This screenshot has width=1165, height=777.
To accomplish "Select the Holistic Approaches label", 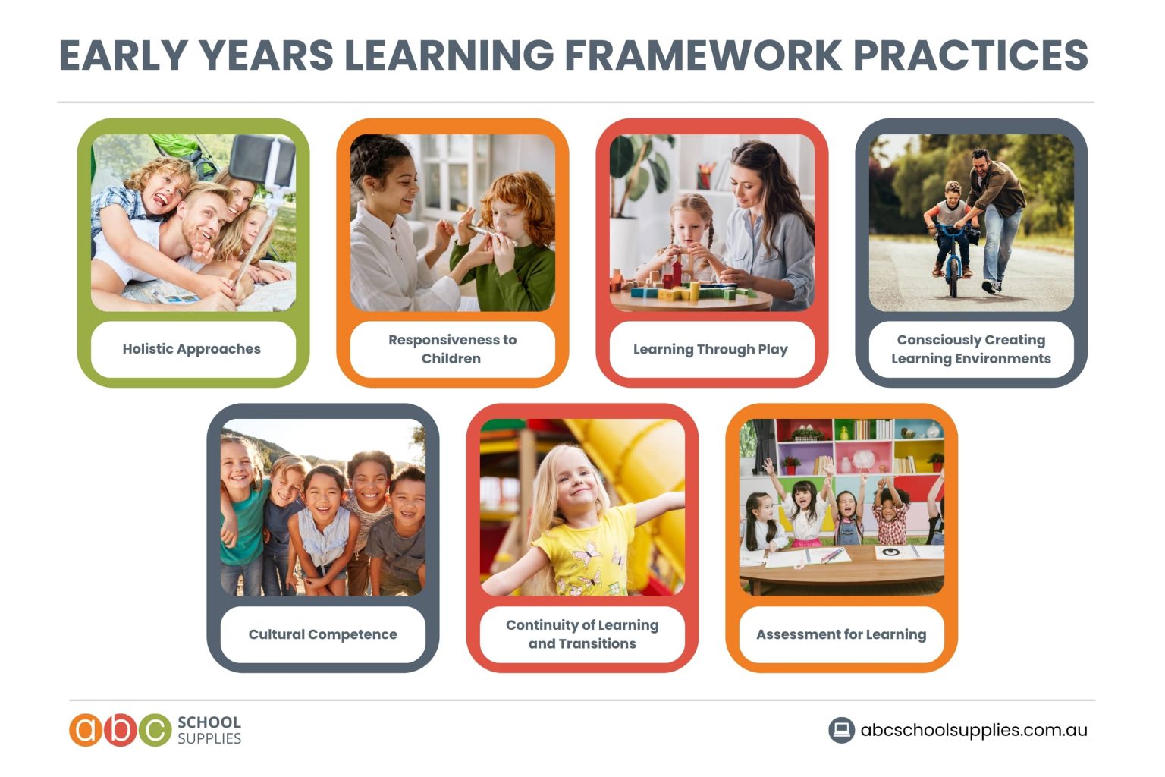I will (x=192, y=349).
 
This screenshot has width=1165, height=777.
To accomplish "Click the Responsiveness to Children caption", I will (x=452, y=349).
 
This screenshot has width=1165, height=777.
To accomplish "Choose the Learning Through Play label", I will (x=711, y=349).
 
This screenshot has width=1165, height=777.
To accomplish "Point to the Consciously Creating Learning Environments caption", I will (x=971, y=349).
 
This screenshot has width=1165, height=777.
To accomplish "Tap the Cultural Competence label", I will (x=322, y=634).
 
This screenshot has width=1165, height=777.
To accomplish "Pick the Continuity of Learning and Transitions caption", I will (x=582, y=634).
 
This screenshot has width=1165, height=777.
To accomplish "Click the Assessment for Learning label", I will (x=841, y=634).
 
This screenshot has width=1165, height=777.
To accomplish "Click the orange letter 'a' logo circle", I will (x=86, y=730).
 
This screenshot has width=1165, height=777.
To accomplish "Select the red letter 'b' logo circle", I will (x=121, y=730).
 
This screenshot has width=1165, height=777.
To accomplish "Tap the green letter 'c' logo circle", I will (x=155, y=730).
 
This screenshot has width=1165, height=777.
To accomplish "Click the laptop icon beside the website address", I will (x=841, y=730).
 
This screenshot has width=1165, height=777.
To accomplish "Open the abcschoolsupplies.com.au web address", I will (x=974, y=730).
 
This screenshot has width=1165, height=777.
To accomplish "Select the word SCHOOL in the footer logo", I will (x=209, y=722).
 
